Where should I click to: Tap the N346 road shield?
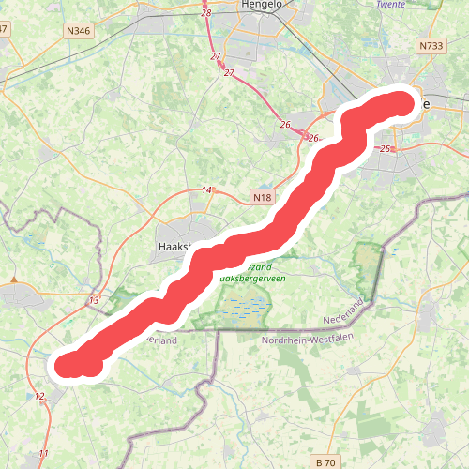[80, 31]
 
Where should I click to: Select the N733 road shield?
[431, 45]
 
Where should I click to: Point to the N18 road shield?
[261, 198]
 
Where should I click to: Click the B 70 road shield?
[325, 462]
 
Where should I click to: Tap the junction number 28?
[206, 13]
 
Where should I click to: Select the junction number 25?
[385, 149]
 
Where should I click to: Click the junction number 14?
[206, 190]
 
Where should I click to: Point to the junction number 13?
[93, 300]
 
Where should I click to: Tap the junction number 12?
[39, 397]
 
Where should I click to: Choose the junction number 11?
[43, 454]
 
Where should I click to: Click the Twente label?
[390, 4]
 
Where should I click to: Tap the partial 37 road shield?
[3, 28]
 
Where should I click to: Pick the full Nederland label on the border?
[342, 310]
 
